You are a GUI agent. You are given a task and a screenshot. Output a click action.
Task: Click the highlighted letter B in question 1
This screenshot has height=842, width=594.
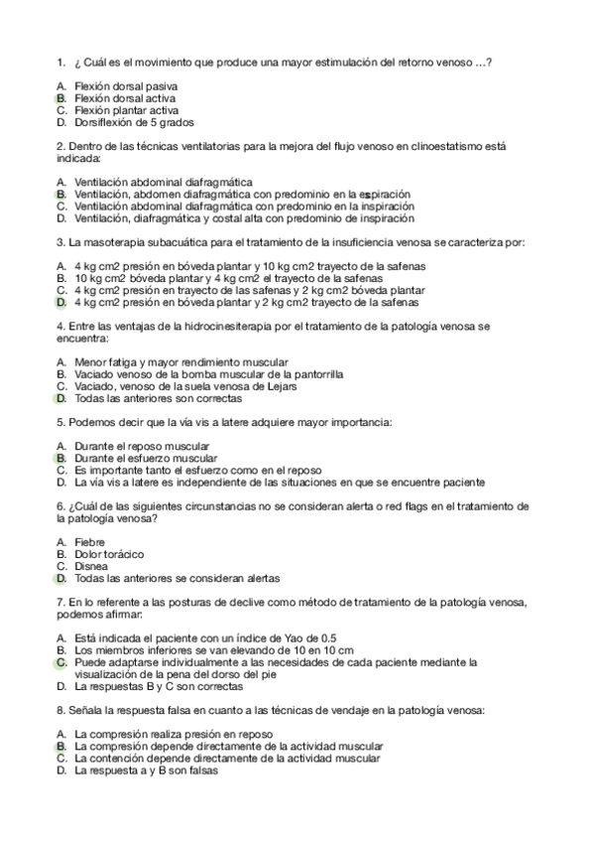[x=60, y=99]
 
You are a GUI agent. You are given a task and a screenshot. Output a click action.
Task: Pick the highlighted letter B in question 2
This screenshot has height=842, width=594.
[x=60, y=195]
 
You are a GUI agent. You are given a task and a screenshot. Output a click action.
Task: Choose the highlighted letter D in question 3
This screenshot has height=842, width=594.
[x=60, y=303]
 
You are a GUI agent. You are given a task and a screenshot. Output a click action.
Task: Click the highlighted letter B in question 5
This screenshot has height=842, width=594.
[x=60, y=459]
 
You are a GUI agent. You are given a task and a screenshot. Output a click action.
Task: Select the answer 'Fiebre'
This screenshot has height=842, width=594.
[x=90, y=542]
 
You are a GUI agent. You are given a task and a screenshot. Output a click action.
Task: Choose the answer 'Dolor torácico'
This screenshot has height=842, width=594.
[x=109, y=554]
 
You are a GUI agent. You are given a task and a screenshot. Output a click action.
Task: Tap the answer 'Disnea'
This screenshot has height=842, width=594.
[x=91, y=566]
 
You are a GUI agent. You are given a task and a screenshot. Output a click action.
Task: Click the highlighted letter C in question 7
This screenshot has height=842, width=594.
[x=60, y=662]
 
